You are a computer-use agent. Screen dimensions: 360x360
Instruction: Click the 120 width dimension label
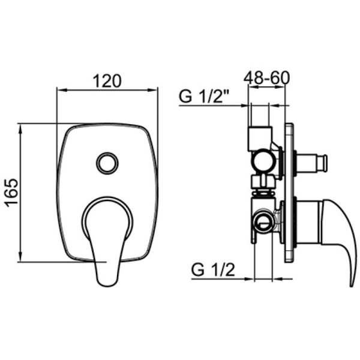tap(108, 80)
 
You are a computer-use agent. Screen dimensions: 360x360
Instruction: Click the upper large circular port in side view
tap(262, 161)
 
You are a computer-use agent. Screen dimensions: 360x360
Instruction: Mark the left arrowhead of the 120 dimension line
tap(59, 91)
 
